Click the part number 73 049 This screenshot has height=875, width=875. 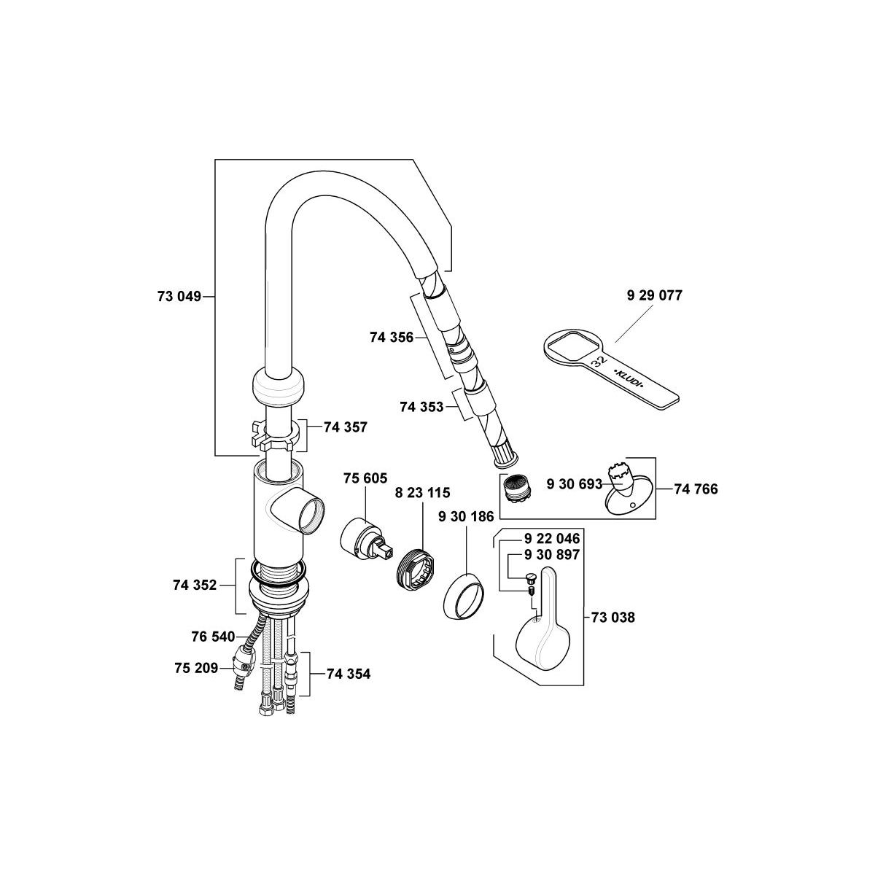coord(179,297)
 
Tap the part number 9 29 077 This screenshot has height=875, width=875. coord(654,295)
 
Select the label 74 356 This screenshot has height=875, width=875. coord(392,338)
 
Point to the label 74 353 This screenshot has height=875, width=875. coord(421,407)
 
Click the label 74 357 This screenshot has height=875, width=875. coord(345,427)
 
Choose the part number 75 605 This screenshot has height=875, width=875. coord(365,478)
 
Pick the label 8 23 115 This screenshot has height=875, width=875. coord(422,493)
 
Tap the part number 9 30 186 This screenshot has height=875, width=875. coord(466,516)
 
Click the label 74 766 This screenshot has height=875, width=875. coord(696,489)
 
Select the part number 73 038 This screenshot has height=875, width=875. coord(613,618)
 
